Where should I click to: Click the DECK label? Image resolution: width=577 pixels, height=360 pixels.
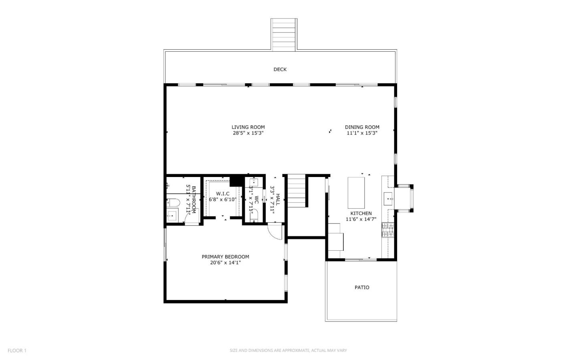click(x=280, y=69)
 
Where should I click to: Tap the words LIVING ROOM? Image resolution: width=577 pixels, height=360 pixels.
click(x=248, y=127)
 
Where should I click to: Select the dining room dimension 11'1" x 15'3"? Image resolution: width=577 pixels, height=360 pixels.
click(x=362, y=133)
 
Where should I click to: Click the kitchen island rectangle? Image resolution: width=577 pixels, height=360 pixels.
click(x=356, y=192)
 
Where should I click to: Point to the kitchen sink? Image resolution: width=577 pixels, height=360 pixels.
click(x=388, y=197)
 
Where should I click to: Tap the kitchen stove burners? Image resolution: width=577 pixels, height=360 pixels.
click(x=387, y=230)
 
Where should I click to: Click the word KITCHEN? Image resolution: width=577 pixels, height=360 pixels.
click(x=361, y=213)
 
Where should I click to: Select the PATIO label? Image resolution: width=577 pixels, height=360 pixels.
click(x=362, y=288)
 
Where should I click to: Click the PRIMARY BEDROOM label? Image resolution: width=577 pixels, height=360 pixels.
click(x=225, y=257)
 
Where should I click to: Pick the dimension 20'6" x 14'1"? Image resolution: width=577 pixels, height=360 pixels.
click(x=225, y=263)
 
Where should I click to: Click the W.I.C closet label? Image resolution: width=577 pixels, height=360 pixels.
click(x=223, y=194)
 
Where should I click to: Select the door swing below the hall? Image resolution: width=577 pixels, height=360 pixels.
click(x=275, y=232)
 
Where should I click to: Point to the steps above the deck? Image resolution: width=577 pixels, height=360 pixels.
click(x=284, y=34)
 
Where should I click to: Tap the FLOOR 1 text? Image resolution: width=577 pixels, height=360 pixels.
click(x=17, y=350)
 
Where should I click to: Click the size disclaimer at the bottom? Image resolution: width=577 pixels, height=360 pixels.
click(x=288, y=350)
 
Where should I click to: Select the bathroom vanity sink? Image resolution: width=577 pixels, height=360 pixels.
click(x=171, y=215)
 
